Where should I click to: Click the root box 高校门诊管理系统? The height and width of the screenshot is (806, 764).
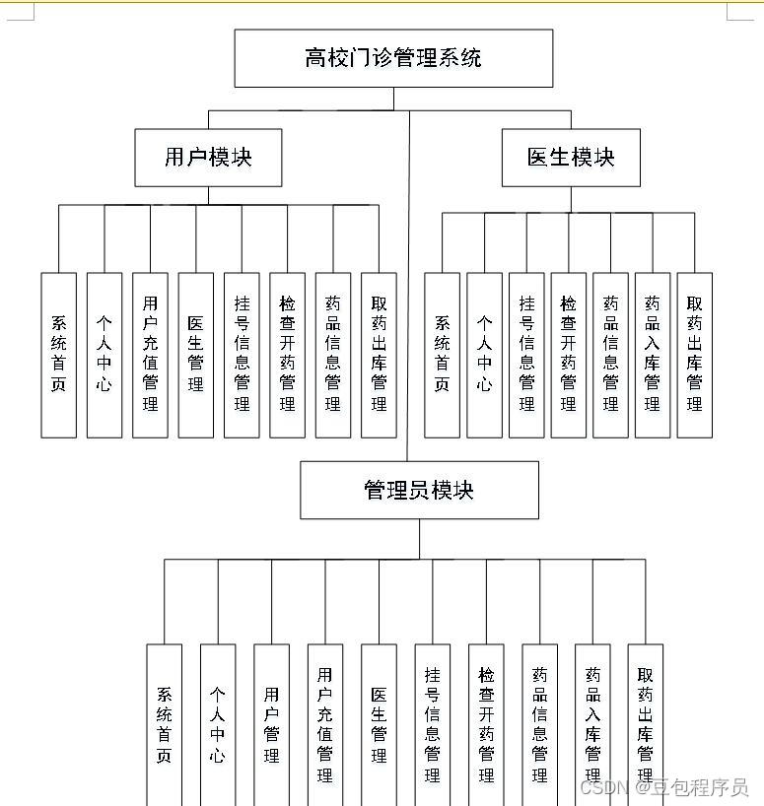pyautogui.click(x=393, y=58)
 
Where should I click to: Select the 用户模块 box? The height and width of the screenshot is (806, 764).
pyautogui.click(x=208, y=158)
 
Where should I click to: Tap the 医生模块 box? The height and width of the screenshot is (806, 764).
pyautogui.click(x=571, y=158)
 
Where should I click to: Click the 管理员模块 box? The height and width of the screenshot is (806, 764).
pyautogui.click(x=419, y=490)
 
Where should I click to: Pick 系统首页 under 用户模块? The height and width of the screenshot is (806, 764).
pyautogui.click(x=59, y=355)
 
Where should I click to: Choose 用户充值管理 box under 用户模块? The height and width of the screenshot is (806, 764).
pyautogui.click(x=150, y=355)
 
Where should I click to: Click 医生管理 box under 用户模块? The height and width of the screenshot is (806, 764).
pyautogui.click(x=196, y=355)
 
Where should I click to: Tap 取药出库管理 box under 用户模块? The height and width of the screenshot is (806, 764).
pyautogui.click(x=379, y=355)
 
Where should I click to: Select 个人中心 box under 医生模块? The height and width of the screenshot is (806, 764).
pyautogui.click(x=484, y=355)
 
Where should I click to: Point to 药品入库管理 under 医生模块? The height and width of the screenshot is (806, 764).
pyautogui.click(x=653, y=355)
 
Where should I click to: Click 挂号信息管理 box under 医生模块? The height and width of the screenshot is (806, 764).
pyautogui.click(x=526, y=355)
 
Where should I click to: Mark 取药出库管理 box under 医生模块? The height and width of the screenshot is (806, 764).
pyautogui.click(x=695, y=355)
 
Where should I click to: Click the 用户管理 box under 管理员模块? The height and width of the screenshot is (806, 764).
pyautogui.click(x=271, y=725)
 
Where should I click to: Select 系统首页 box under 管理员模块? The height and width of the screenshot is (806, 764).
pyautogui.click(x=165, y=725)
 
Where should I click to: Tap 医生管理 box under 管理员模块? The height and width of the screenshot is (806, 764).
pyautogui.click(x=379, y=725)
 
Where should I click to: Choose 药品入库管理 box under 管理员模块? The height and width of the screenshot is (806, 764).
pyautogui.click(x=592, y=725)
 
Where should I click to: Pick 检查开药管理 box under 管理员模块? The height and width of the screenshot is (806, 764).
pyautogui.click(x=486, y=725)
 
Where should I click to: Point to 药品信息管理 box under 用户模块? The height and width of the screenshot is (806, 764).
pyautogui.click(x=333, y=355)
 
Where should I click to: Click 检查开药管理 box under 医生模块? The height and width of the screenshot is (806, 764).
pyautogui.click(x=569, y=355)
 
